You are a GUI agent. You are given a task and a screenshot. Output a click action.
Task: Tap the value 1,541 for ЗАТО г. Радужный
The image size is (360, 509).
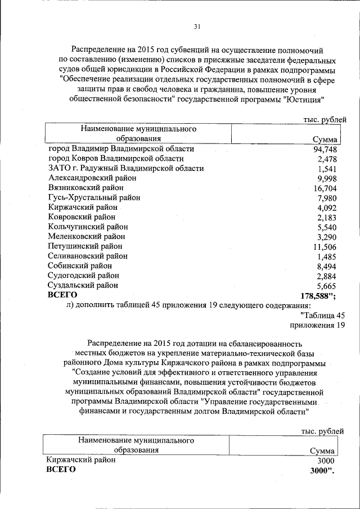pyautogui.click(x=327, y=169)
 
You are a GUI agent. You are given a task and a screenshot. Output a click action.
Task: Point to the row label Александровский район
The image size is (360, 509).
pyautogui.click(x=93, y=178)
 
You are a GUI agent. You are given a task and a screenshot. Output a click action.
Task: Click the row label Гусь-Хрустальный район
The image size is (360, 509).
pyautogui.click(x=94, y=197)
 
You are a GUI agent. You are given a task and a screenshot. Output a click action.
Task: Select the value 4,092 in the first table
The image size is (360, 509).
pyautogui.click(x=327, y=208)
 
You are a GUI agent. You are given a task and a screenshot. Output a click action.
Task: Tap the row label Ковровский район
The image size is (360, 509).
pyautogui.click(x=82, y=217)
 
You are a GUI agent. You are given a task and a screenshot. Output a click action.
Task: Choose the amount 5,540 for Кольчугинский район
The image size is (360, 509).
pyautogui.click(x=327, y=227)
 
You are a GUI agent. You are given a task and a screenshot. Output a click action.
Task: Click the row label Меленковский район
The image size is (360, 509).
pyautogui.click(x=87, y=236)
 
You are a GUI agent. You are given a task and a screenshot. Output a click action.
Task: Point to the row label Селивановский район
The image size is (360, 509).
pyautogui.click(x=88, y=256)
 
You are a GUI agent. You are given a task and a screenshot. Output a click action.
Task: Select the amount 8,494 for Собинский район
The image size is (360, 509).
pyautogui.click(x=327, y=266)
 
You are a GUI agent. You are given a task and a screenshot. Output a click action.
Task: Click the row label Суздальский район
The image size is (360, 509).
pyautogui.click(x=83, y=285)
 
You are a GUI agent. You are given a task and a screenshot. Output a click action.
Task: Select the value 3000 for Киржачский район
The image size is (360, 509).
pyautogui.click(x=326, y=460)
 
